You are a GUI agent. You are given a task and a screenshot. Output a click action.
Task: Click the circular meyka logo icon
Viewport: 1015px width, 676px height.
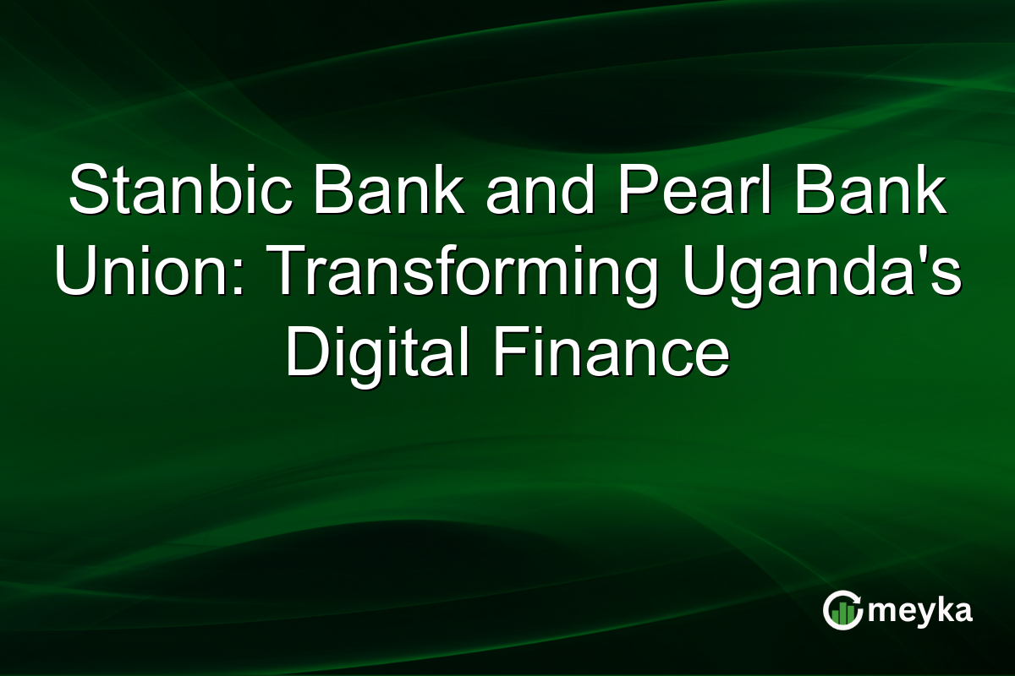(x=842, y=610)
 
